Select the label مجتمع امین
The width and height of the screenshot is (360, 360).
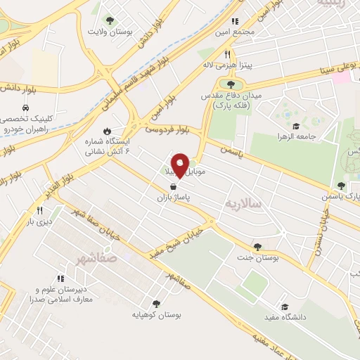tap(258, 33)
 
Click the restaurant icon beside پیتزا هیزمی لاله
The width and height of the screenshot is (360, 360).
tap(227, 54)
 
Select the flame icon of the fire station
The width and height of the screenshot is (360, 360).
tap(107, 131)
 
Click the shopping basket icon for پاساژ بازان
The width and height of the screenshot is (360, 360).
tap(173, 187)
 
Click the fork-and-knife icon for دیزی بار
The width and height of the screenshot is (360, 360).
tap(40, 210)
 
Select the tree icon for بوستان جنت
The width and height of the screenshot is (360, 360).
tap(257, 247)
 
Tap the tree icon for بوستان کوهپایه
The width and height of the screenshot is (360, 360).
tap(156, 304)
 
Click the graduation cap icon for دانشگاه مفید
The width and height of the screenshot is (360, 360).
tap(285, 307)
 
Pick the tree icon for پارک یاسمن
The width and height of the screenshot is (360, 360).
tap(341, 186)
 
